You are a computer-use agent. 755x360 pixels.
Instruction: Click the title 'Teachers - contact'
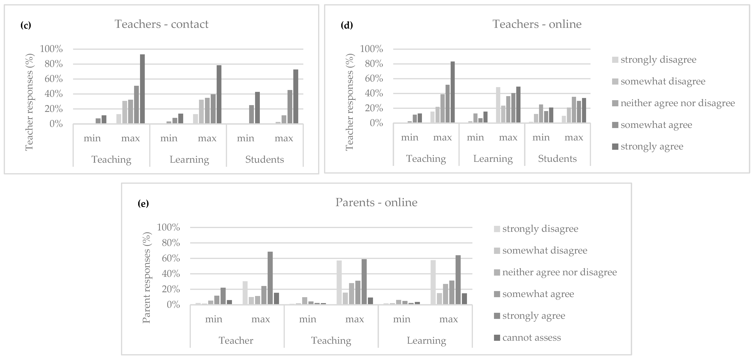click(161, 24)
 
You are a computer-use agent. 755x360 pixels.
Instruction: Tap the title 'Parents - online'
click(376, 202)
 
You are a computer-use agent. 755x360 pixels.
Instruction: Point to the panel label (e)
click(143, 204)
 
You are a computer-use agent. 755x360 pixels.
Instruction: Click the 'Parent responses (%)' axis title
click(146, 277)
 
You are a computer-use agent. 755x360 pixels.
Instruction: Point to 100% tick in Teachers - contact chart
click(51, 49)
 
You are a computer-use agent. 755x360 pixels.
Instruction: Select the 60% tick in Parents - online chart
click(169, 258)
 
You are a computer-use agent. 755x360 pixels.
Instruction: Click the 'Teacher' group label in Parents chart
click(236, 340)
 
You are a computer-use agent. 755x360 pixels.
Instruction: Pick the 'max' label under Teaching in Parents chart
click(354, 319)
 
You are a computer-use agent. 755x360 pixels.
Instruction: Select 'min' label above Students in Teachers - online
click(541, 137)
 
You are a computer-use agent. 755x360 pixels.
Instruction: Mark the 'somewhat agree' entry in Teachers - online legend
click(656, 125)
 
